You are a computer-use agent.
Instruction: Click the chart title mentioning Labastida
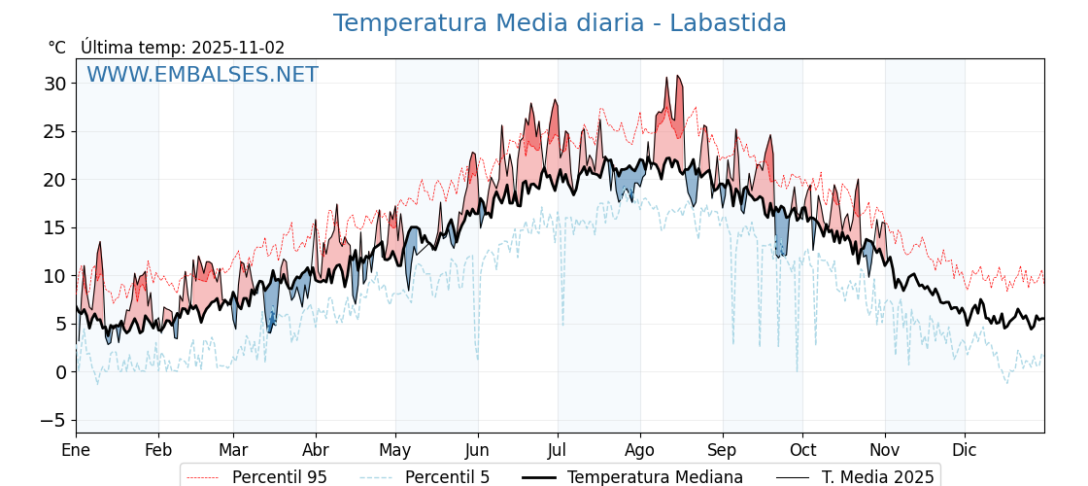click(560, 23)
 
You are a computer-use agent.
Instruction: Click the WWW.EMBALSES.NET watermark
click(202, 75)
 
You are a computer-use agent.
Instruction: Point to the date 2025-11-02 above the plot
click(238, 48)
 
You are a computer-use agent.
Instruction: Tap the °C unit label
click(57, 48)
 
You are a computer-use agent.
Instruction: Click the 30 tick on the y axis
click(55, 84)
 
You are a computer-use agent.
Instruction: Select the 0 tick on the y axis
click(61, 372)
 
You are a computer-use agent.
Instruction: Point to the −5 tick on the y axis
click(55, 420)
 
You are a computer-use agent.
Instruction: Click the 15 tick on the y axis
click(55, 227)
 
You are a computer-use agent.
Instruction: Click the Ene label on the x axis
click(76, 450)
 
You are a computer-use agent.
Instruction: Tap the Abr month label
click(316, 450)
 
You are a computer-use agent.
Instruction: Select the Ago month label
click(640, 450)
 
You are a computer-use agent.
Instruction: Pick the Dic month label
click(965, 450)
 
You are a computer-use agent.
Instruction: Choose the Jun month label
click(477, 450)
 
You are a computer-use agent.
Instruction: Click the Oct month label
click(802, 450)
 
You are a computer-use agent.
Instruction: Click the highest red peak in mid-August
click(678, 77)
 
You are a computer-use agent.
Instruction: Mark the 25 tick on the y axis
click(55, 131)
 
